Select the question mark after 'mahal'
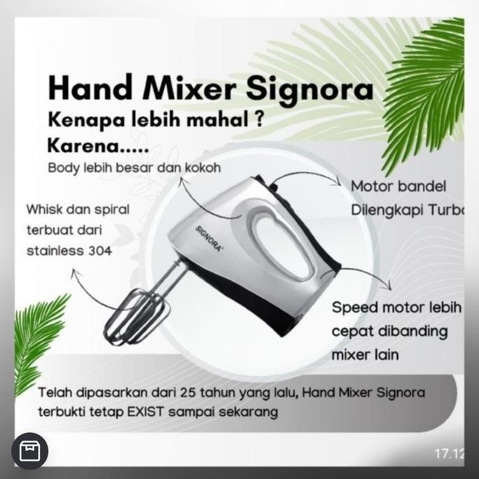pyautogui.click(x=258, y=119)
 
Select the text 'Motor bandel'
pyautogui.click(x=398, y=186)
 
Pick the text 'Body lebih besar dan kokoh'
pyautogui.click(x=134, y=168)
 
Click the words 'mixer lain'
pyautogui.click(x=365, y=354)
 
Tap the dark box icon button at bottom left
pyautogui.click(x=29, y=451)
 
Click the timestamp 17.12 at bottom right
pyautogui.click(x=449, y=454)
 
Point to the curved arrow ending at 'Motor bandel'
pyautogui.click(x=312, y=174)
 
